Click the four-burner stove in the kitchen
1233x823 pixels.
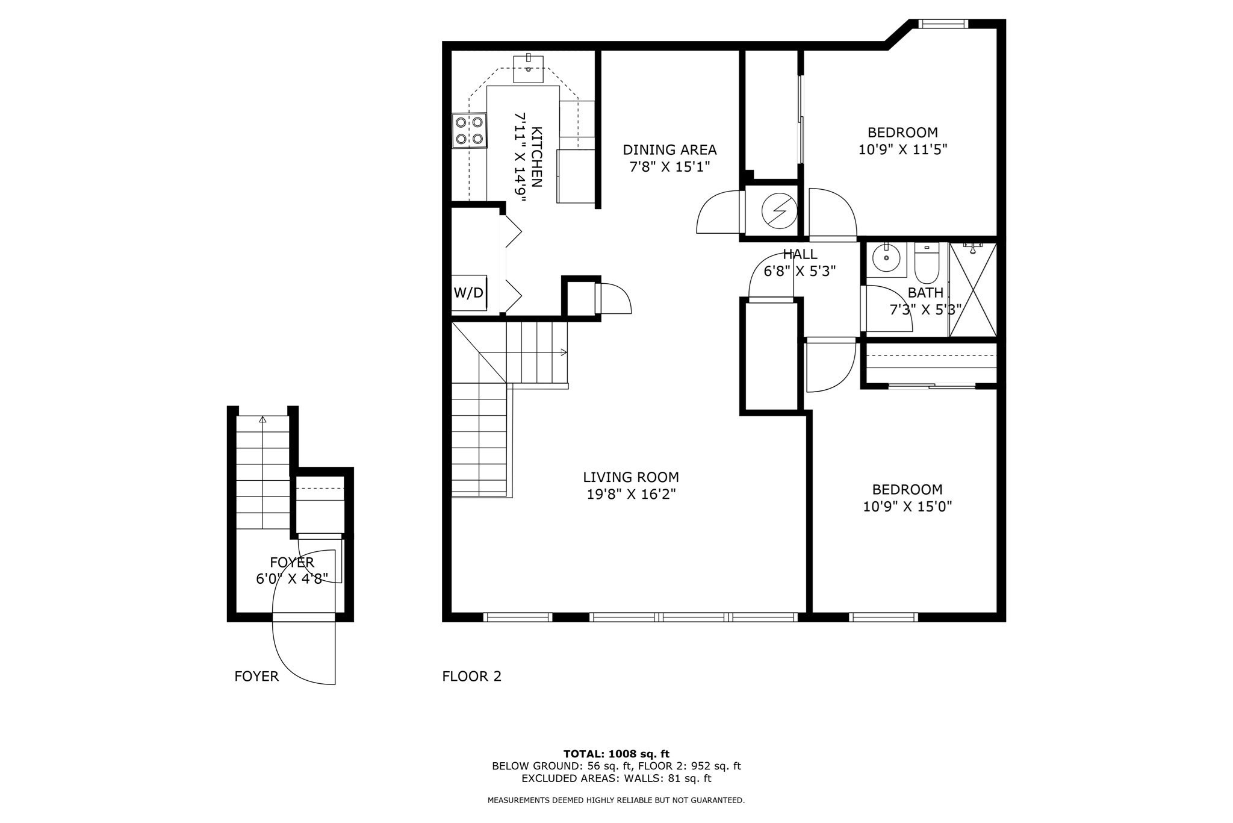(470, 131)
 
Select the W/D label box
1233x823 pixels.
(468, 293)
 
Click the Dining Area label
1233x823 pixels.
(669, 149)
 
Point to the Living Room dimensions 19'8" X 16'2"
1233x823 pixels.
(631, 495)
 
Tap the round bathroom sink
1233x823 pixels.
(886, 260)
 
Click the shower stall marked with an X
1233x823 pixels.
(973, 290)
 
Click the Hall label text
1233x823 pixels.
(800, 254)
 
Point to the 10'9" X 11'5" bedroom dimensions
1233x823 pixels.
(902, 149)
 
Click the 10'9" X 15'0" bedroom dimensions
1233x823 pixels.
(907, 507)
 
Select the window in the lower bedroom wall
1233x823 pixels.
(883, 617)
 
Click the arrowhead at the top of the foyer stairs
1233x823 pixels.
(262, 420)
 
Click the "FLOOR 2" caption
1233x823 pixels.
(471, 677)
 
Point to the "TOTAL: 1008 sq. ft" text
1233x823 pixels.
(616, 754)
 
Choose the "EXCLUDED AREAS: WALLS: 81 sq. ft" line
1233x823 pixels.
(616, 778)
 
